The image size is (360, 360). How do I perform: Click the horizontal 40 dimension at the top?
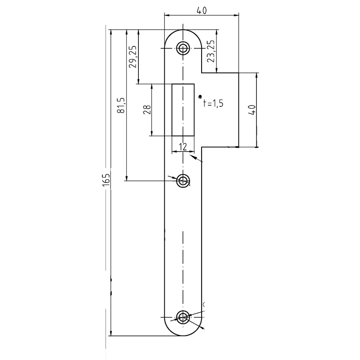click(202, 10)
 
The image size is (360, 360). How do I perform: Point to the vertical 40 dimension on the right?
click(252, 110)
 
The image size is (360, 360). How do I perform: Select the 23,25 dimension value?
click(211, 51)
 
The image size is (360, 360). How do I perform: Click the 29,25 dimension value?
click(132, 56)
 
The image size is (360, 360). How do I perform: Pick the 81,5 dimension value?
click(121, 105)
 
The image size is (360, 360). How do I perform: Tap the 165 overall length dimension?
click(106, 180)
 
